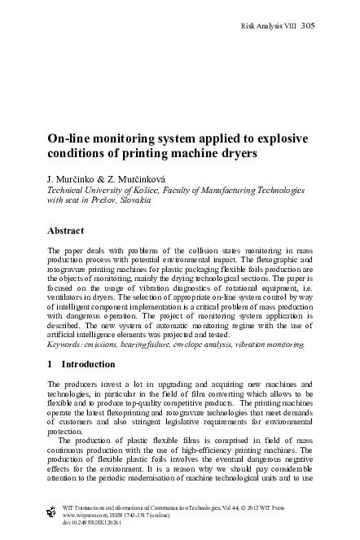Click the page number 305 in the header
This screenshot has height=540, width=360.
coord(307,25)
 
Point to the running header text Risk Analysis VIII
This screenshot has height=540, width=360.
coord(269,25)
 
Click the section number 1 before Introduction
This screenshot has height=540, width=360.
coord(50,366)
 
